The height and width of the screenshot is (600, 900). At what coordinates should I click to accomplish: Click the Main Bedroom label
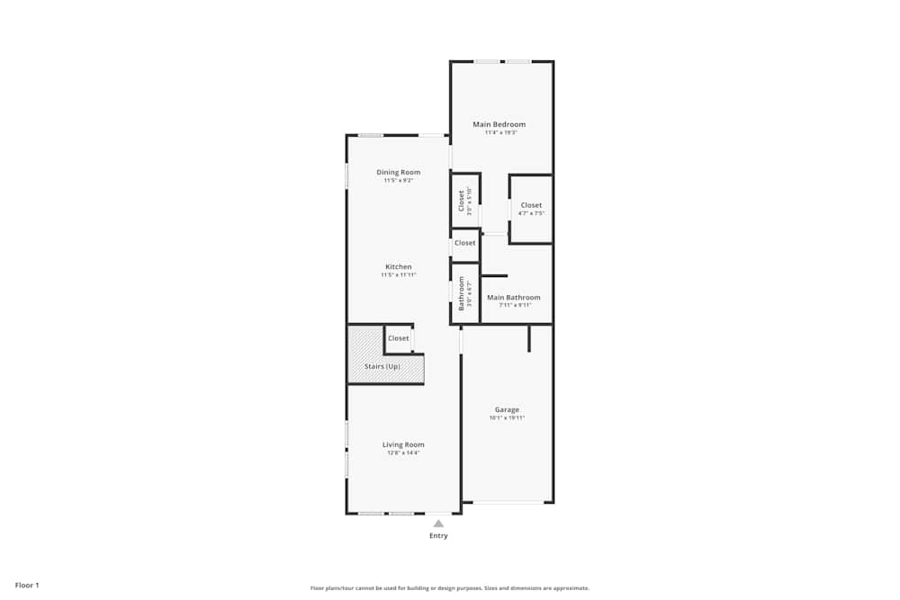(499, 124)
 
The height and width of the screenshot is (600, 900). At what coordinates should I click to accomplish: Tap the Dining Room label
(398, 172)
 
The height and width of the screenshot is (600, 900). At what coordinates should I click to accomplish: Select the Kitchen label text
(399, 266)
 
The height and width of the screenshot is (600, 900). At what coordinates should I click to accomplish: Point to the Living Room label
(403, 444)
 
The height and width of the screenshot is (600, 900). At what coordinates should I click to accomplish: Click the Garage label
(507, 409)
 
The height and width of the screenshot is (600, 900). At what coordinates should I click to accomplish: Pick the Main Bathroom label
(513, 297)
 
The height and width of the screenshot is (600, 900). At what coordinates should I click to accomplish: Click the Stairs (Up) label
(382, 367)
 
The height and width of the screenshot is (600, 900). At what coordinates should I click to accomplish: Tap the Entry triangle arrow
(438, 522)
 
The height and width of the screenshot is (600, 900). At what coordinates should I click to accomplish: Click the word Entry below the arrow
(438, 535)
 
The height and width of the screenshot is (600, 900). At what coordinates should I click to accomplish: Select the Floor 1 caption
(27, 585)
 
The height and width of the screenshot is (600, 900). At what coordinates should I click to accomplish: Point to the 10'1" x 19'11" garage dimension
(507, 417)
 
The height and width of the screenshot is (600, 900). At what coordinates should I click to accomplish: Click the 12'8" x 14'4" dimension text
(403, 452)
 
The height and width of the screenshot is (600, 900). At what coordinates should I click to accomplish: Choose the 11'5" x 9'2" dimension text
(398, 180)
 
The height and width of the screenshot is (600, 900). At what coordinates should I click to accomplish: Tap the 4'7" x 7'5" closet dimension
(531, 213)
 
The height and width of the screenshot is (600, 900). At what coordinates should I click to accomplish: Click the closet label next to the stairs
(399, 338)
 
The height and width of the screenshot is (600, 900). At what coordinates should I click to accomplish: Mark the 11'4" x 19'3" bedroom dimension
(500, 132)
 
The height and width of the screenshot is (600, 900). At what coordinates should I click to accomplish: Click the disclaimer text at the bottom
(450, 587)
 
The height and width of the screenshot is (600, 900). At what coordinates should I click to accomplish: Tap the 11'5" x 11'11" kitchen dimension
(399, 274)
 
